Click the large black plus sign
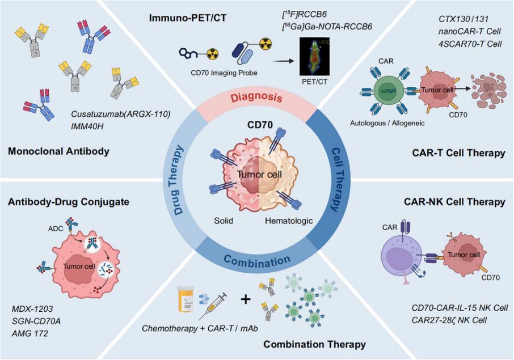(246, 298)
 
